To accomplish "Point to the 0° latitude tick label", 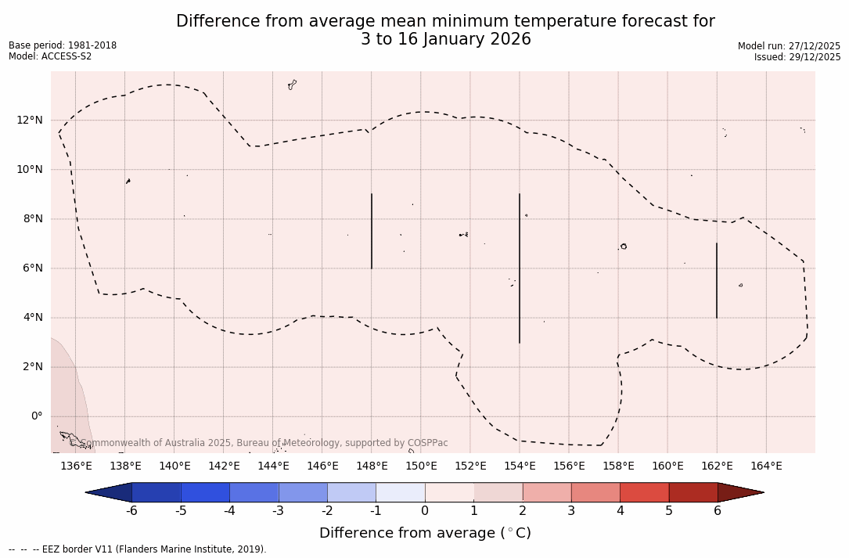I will click(37, 416).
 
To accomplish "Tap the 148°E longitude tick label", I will click(372, 466).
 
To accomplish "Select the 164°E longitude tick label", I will click(766, 466).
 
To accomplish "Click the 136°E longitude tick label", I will click(76, 466).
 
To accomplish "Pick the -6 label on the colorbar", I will click(132, 511).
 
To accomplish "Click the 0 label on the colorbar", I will click(425, 511).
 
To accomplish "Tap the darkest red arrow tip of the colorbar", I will click(739, 492).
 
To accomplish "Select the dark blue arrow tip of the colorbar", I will click(110, 492).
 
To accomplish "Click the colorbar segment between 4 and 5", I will click(644, 492).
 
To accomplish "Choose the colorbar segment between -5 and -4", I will click(205, 492).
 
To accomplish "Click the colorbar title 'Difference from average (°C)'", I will click(425, 533).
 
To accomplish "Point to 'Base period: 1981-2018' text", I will click(63, 45).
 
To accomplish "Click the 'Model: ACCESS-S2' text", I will click(50, 56).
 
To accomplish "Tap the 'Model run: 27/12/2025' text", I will click(789, 46).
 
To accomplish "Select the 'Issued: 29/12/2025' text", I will click(797, 57).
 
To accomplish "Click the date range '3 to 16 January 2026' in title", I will click(445, 39).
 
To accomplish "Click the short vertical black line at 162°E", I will click(717, 280).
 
